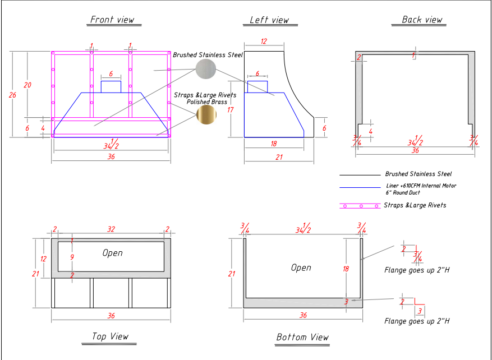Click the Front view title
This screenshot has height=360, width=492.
pos(113,20)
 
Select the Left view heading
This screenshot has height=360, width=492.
pos(269,20)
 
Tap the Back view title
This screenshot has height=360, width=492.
pos(422,20)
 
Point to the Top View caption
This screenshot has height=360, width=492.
pos(111,336)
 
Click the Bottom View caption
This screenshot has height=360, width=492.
pos(302,337)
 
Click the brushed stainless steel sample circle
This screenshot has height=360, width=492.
pos(205,69)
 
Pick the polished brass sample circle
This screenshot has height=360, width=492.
pos(206,114)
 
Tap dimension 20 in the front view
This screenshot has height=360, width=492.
pos(27,85)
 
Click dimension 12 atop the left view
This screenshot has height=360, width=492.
pos(264,42)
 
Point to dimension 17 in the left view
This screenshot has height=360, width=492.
pos(230,110)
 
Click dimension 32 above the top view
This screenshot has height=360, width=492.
pos(111,229)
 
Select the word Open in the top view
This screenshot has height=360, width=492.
pos(112,253)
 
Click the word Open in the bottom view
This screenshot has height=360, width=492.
pos(301,268)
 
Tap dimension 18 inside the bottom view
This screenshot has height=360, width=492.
pos(346,269)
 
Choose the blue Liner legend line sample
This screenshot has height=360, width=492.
pos(360,187)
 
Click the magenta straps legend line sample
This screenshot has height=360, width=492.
pos(360,206)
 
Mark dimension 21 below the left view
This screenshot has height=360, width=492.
pos(279,158)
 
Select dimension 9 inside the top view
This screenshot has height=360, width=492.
pos(72,257)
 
